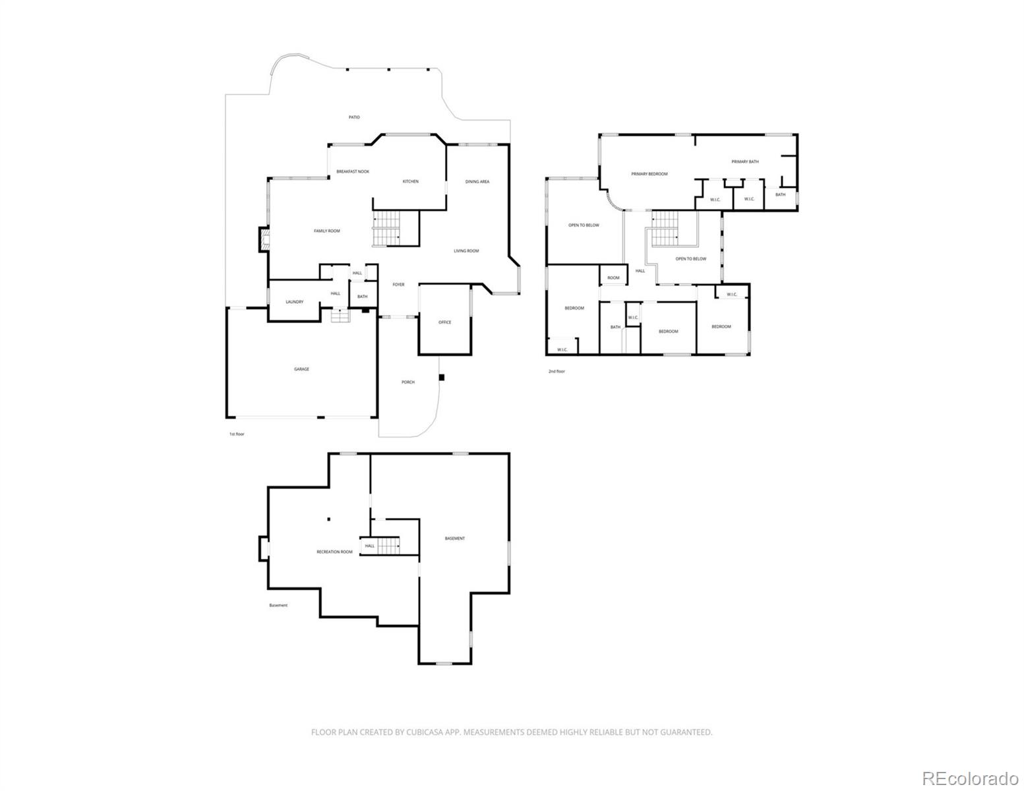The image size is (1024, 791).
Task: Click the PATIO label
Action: coord(354,117)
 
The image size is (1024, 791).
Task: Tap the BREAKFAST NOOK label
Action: coord(353,171)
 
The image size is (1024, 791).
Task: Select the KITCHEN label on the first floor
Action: coord(411,181)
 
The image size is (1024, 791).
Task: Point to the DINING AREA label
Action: coord(477,181)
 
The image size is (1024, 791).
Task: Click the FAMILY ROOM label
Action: coord(326,231)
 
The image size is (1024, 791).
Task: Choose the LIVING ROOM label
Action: coord(466,250)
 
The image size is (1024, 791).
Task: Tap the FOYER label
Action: coord(398,285)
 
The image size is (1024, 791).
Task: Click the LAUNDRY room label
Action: coord(294,302)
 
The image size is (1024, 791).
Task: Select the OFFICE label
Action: coord(444,322)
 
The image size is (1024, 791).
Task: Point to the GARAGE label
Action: coord(301,369)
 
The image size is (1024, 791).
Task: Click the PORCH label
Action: coord(408,382)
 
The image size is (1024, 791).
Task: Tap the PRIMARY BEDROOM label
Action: coord(649,174)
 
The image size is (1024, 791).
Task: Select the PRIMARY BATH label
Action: coord(744,161)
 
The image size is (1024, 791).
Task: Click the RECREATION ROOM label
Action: coord(334,552)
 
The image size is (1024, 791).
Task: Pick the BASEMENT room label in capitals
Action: coord(454,539)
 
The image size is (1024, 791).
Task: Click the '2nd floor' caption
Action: coord(557,371)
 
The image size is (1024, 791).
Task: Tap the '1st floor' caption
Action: coord(237,434)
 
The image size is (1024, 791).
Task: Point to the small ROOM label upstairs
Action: coord(613,278)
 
